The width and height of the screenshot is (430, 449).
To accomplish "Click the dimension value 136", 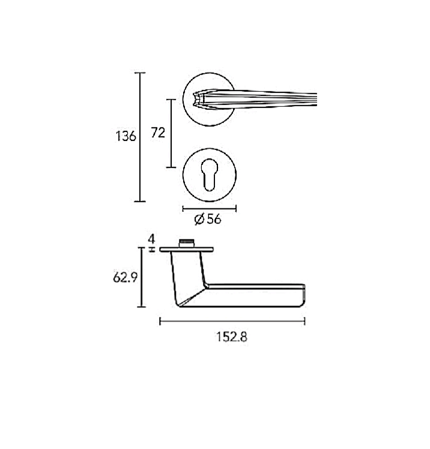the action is pyautogui.click(x=126, y=136).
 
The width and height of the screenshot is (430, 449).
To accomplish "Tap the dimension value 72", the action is pyautogui.click(x=158, y=133).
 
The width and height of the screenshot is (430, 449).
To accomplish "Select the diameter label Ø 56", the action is pyautogui.click(x=208, y=219).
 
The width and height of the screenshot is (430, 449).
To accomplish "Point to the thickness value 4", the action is pyautogui.click(x=152, y=239).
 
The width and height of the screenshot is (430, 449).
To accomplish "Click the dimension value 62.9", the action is pyautogui.click(x=126, y=277).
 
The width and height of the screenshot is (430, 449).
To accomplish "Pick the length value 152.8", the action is pyautogui.click(x=231, y=337).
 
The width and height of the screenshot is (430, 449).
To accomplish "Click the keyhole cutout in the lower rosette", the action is pyautogui.click(x=210, y=175).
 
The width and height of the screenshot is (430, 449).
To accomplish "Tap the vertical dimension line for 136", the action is pyautogui.click(x=140, y=137).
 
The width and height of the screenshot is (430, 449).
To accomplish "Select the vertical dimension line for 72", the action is pyautogui.click(x=171, y=133).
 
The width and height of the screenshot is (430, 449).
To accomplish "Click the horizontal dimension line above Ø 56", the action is pyautogui.click(x=210, y=208).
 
